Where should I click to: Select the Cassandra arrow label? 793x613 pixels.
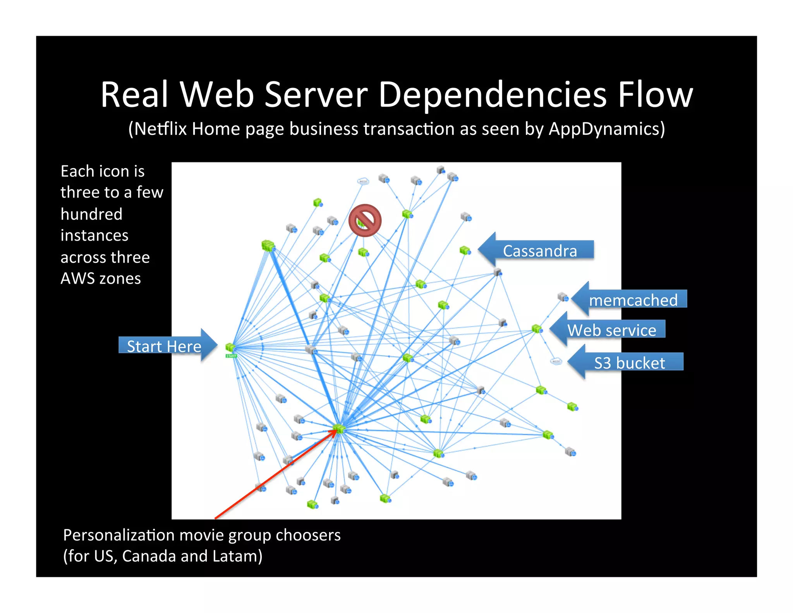539,251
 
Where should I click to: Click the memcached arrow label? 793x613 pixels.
633,300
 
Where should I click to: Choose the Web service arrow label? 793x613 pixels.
611,330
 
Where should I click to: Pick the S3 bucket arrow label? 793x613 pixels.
629,363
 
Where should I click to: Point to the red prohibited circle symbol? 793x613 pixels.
365,220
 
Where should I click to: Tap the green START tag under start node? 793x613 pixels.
231,356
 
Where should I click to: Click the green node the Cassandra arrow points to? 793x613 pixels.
465,250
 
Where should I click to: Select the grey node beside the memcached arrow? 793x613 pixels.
563,297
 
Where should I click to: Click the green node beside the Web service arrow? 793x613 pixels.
537,329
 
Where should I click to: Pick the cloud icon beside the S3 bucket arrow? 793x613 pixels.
556,361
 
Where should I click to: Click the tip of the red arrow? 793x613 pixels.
337,430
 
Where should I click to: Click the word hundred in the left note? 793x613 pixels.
91,214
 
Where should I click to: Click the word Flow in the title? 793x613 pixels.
655,96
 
